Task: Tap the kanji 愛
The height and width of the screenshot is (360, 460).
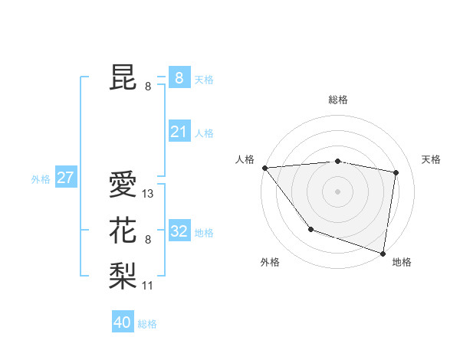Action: (x=124, y=185)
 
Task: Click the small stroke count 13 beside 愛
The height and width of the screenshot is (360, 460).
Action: (x=148, y=195)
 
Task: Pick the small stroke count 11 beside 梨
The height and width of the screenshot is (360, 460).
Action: (x=148, y=286)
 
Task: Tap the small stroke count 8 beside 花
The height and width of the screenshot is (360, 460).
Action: (x=148, y=240)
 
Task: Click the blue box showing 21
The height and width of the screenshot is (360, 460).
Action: (x=179, y=132)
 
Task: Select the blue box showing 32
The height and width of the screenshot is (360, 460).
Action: (x=179, y=231)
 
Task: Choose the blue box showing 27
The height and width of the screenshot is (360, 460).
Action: (x=65, y=178)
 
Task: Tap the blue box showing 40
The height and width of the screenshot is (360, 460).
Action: (x=123, y=322)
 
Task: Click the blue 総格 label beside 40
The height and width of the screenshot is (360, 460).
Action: (x=147, y=324)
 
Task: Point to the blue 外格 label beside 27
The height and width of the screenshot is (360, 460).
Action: (x=41, y=179)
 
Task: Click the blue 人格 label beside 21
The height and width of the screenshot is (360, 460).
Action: (x=204, y=133)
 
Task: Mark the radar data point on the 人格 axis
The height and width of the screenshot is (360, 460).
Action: (x=264, y=167)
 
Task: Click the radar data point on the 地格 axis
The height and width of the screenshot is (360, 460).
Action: (x=383, y=252)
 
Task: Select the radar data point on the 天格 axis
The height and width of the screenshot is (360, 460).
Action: (x=396, y=172)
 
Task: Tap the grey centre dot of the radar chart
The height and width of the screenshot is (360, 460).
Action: (x=337, y=191)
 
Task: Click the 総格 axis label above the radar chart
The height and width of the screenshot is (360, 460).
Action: (x=338, y=100)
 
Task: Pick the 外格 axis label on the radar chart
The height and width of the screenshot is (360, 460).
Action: (x=270, y=262)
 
